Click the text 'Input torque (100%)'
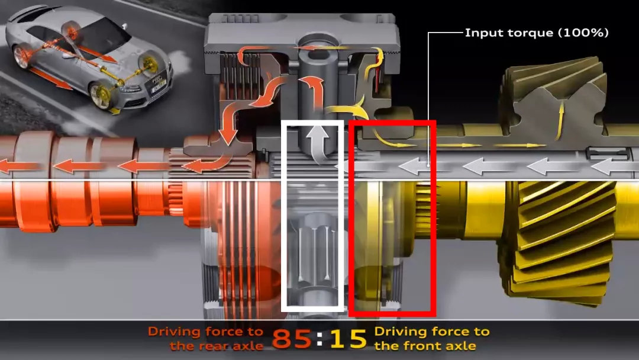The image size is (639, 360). [537, 33]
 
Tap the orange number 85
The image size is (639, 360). [292, 339]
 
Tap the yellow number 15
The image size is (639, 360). [348, 339]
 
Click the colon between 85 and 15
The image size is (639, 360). [320, 339]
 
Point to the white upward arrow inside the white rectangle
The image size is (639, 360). [318, 143]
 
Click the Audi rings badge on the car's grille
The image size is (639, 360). [157, 78]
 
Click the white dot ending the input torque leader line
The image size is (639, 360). [428, 166]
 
